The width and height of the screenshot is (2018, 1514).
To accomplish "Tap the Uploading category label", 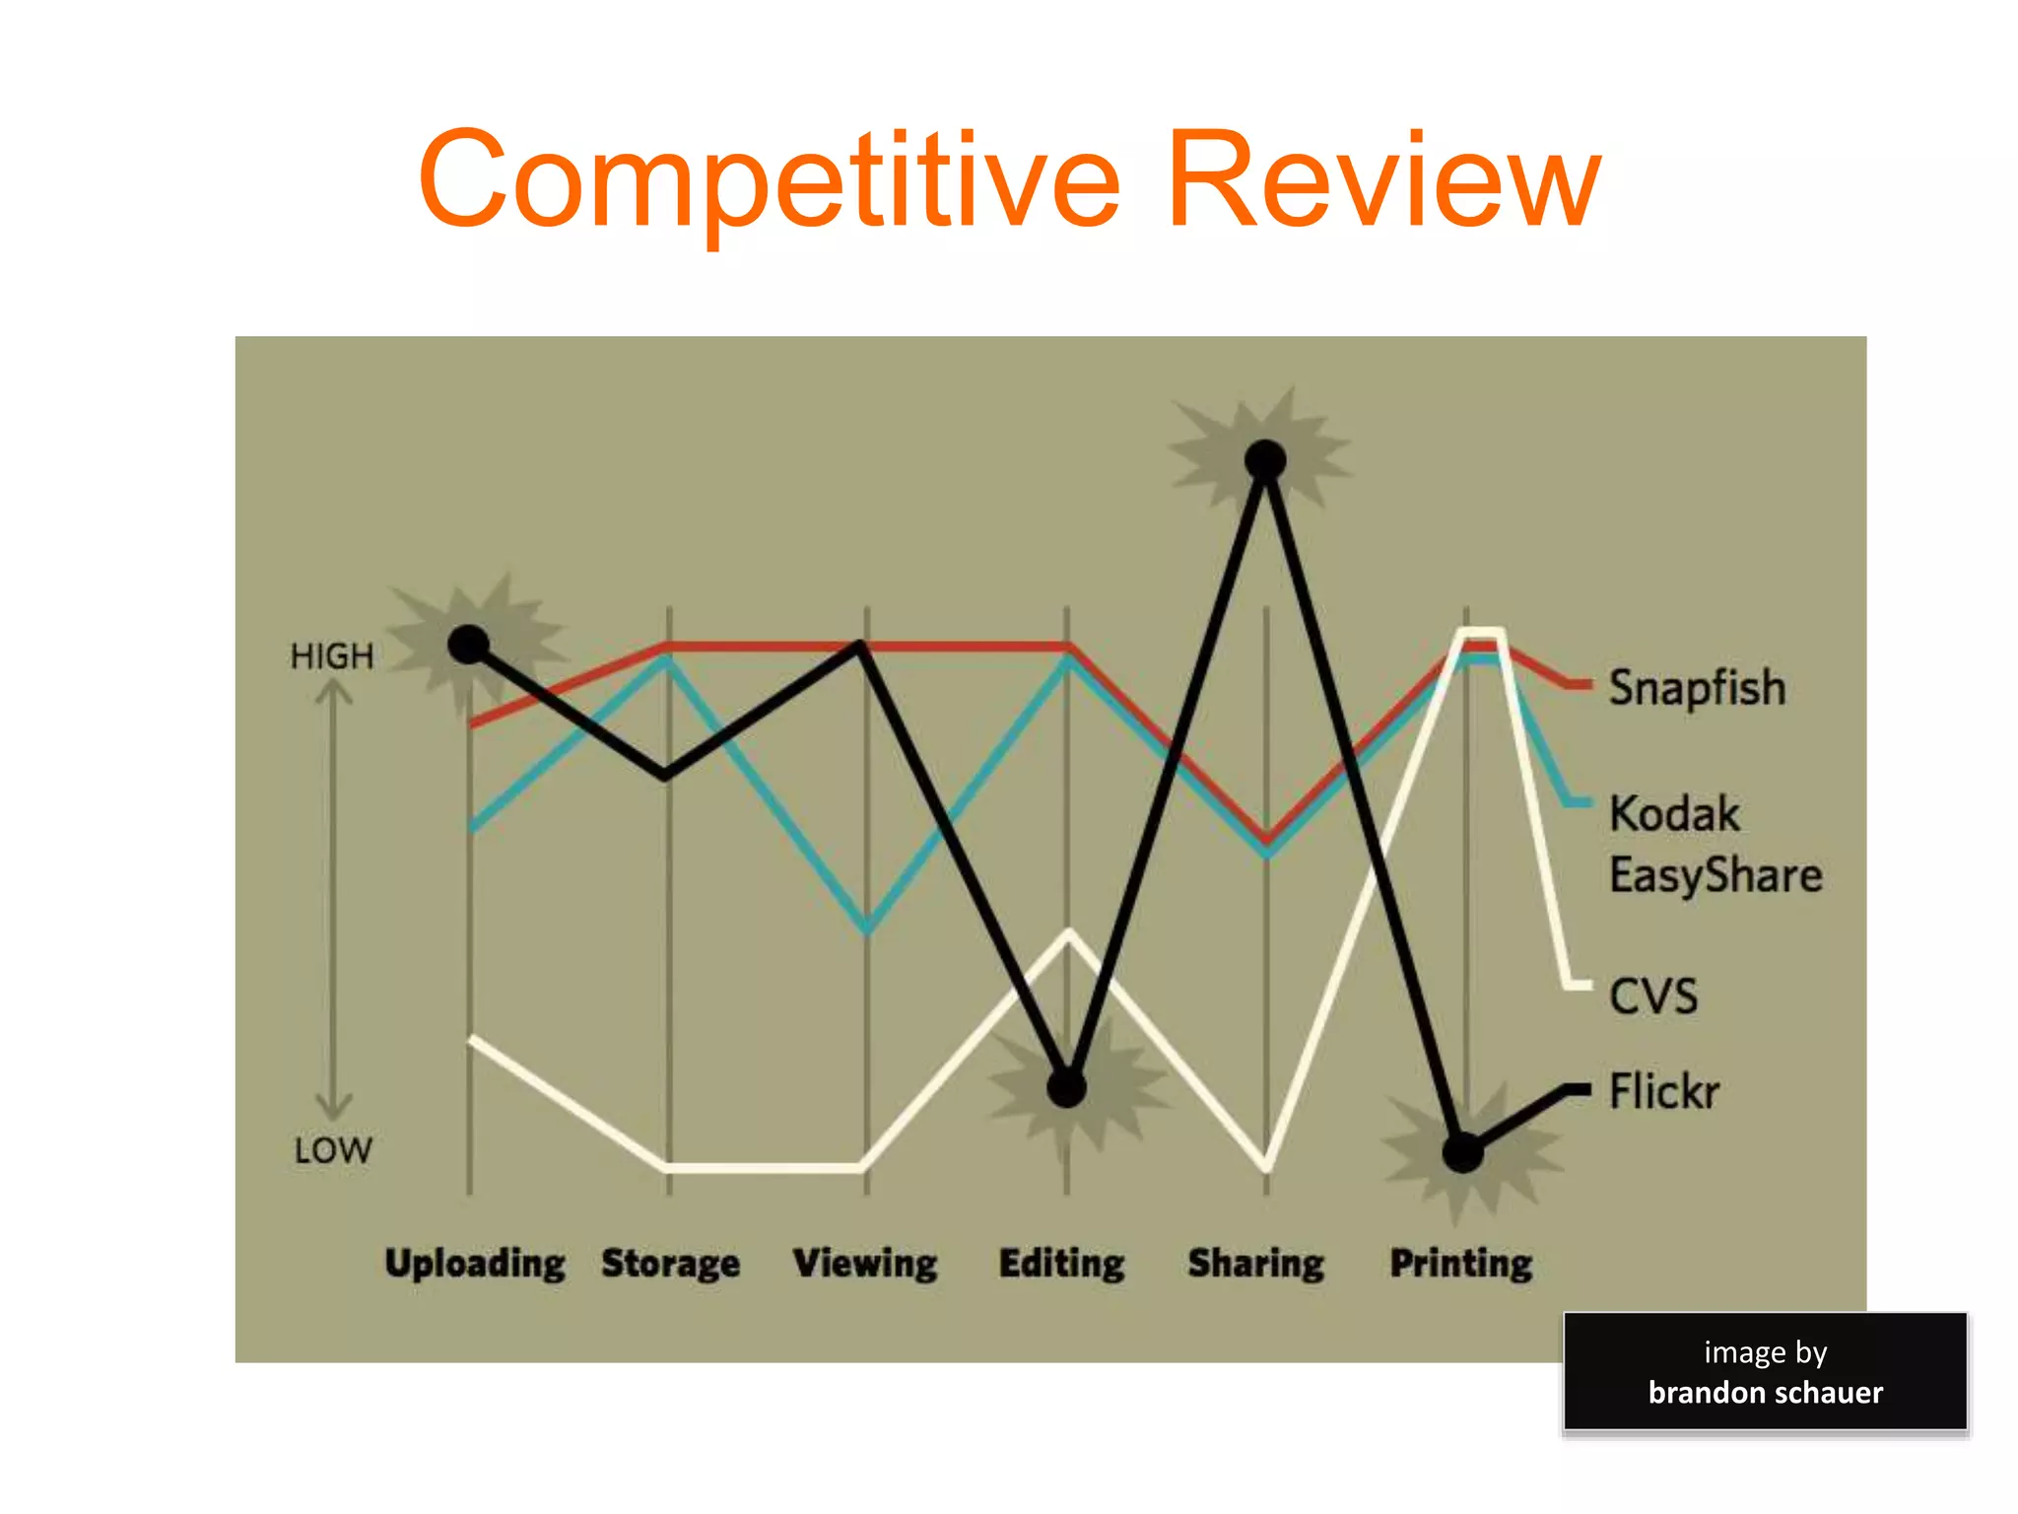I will [x=475, y=1264].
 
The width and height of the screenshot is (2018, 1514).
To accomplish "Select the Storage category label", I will [x=670, y=1264].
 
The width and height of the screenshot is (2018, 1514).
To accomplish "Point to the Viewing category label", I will [x=865, y=1264].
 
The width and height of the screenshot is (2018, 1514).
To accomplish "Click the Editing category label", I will [x=1061, y=1264].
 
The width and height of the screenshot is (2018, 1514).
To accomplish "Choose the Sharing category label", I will [x=1256, y=1264].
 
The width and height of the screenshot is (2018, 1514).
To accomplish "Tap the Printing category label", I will [x=1461, y=1264].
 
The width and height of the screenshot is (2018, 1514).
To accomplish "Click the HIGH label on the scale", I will [x=332, y=656].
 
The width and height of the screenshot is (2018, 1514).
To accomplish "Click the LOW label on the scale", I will [x=333, y=1150].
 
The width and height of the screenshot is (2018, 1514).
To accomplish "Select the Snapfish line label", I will [x=1697, y=687].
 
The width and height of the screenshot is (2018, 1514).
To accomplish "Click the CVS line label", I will [x=1653, y=996].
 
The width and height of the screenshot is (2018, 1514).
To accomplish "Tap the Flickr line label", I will [x=1664, y=1091].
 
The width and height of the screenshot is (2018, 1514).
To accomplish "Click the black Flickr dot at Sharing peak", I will [x=1265, y=459].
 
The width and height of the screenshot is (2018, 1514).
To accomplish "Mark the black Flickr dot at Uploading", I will [x=469, y=645].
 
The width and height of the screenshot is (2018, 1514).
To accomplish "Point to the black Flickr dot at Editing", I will [x=1066, y=1088].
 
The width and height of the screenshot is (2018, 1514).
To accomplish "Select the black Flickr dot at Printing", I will [x=1463, y=1152].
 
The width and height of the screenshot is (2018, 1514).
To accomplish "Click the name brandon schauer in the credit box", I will [x=1765, y=1392].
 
